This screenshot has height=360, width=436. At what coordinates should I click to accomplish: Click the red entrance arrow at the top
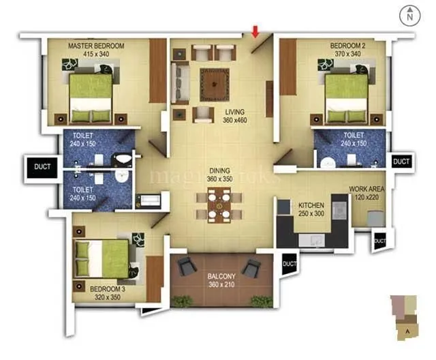coord(255,31)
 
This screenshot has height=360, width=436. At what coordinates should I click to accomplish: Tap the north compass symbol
coord(410,13)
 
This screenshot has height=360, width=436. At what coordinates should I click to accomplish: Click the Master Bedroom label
coord(96,50)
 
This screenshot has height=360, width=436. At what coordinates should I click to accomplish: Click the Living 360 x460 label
coord(236,116)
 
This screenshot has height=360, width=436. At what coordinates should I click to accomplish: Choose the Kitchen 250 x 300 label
coord(311,209)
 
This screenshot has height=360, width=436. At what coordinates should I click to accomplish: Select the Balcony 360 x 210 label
coord(221,280)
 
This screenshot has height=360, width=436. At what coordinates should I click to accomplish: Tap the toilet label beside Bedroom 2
coord(354,139)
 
